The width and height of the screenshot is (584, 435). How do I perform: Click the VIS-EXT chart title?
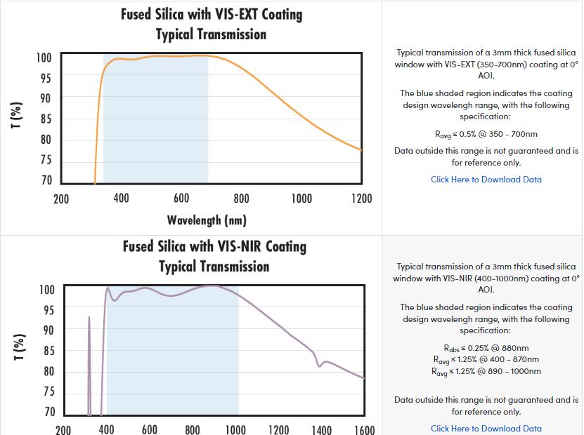[212, 24]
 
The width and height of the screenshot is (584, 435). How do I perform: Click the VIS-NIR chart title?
[214, 256]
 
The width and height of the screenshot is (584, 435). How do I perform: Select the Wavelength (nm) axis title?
[207, 220]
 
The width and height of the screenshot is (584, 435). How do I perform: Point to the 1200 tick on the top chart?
[362, 199]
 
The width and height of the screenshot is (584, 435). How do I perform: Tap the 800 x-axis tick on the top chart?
[242, 199]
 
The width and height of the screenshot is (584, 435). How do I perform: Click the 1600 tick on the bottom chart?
[365, 429]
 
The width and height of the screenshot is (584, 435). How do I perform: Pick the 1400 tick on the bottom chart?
[322, 429]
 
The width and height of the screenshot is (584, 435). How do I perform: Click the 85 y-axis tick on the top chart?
[44, 119]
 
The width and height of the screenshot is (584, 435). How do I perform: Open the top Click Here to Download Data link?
[486, 180]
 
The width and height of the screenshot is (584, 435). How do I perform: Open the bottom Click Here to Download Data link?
[486, 429]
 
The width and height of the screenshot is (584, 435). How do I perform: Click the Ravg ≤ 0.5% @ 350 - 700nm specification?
[486, 134]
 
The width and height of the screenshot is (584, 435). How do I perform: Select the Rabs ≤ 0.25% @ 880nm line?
[486, 348]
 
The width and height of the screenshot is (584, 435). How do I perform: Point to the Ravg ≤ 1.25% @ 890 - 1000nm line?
[486, 371]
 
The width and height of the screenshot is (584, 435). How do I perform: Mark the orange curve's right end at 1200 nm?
[361, 149]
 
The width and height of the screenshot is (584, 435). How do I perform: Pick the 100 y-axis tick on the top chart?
[44, 58]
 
